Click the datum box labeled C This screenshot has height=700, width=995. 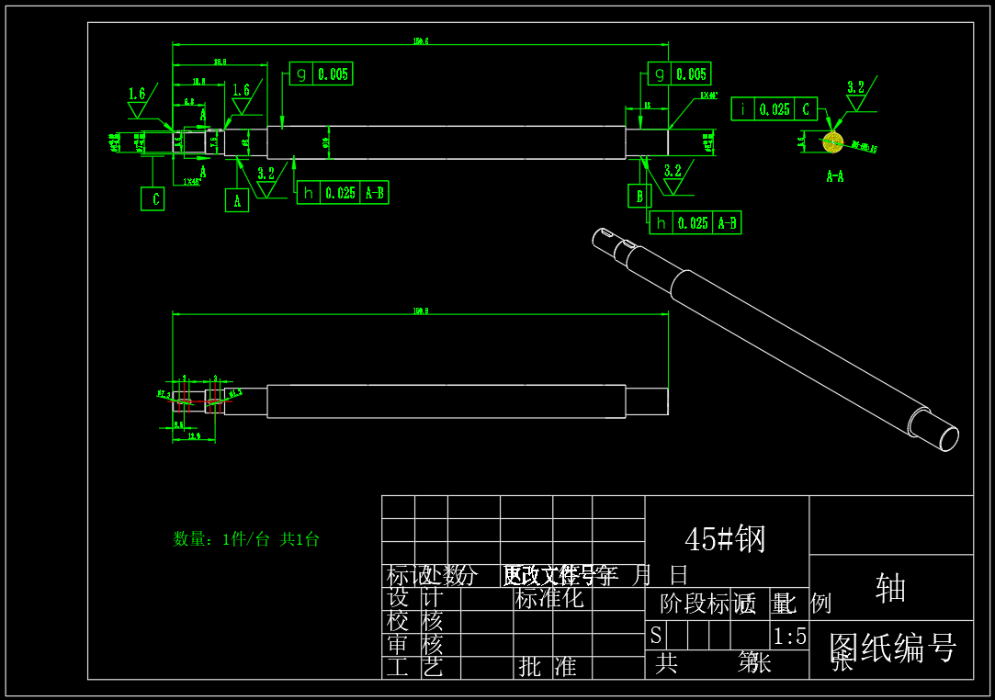point(153,198)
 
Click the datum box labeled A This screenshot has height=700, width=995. point(237,200)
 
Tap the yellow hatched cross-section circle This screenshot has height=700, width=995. point(832,142)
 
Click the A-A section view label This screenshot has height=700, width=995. point(834,176)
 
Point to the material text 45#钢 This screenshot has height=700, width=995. point(725,539)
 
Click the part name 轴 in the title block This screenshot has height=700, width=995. point(890,588)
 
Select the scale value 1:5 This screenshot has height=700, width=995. point(789,637)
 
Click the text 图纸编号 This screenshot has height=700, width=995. point(892,648)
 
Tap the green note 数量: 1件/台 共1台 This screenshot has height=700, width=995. point(246,539)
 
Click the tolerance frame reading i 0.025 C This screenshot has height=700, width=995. point(774,109)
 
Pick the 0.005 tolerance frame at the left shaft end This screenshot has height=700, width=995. point(321,74)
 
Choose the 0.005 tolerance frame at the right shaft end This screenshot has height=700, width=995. point(679,74)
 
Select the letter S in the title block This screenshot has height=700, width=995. point(656,636)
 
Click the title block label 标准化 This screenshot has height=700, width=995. point(549,599)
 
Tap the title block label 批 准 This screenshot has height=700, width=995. point(548,667)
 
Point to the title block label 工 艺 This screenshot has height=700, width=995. point(414,667)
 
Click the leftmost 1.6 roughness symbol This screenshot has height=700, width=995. point(138,101)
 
